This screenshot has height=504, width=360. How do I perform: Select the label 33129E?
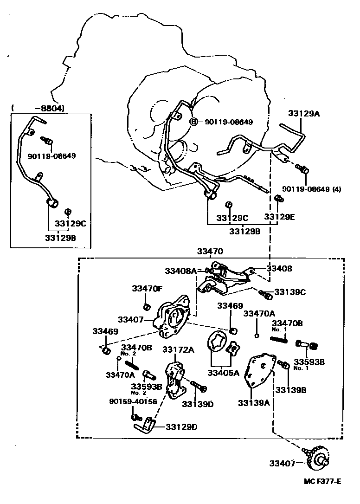pyautogui.click(x=280, y=217)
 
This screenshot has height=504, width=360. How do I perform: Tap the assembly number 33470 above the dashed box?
pyautogui.click(x=210, y=252)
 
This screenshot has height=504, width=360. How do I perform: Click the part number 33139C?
pyautogui.click(x=290, y=292)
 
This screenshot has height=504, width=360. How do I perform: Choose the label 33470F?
pyautogui.click(x=147, y=288)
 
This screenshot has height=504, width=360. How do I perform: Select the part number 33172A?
pyautogui.click(x=178, y=349)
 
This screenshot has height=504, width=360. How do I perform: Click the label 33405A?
pyautogui.click(x=223, y=372)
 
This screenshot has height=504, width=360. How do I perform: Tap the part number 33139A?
pyautogui.click(x=254, y=403)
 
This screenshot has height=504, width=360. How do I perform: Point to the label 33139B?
pyautogui.click(x=291, y=390)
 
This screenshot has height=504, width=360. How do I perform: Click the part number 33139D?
pyautogui.click(x=198, y=404)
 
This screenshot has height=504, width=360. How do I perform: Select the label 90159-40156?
pyautogui.click(x=133, y=401)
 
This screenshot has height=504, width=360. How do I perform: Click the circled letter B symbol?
pyautogui.click(x=194, y=122)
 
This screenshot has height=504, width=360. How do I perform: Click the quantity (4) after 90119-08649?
pyautogui.click(x=336, y=189)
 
